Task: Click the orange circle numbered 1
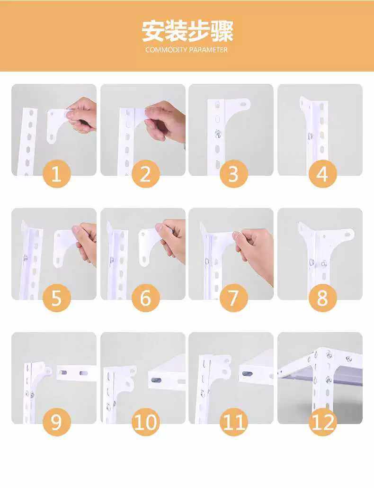(x=57, y=174)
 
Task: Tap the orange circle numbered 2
(x=145, y=174)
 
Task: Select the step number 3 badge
(x=234, y=174)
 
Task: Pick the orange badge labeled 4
(x=323, y=174)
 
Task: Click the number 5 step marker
(x=57, y=298)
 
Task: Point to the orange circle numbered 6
(x=145, y=298)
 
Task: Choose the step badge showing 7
(x=234, y=298)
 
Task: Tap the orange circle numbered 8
(x=323, y=298)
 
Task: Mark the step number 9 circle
(x=57, y=422)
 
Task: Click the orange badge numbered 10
(x=145, y=422)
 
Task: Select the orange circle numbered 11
(x=234, y=422)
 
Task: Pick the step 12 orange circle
(x=323, y=422)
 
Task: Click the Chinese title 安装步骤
(x=187, y=31)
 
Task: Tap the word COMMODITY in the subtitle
(x=166, y=50)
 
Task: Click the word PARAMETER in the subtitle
(x=208, y=50)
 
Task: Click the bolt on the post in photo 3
(x=218, y=134)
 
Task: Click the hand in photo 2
(x=165, y=121)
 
